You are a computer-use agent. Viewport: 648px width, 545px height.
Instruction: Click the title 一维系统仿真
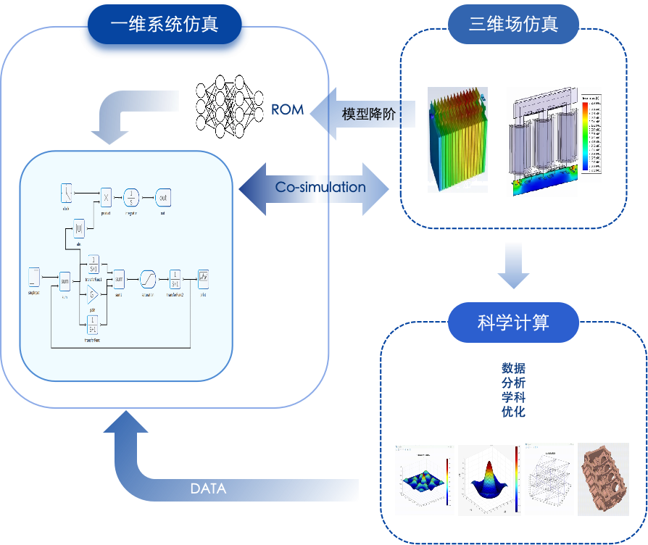(165, 24)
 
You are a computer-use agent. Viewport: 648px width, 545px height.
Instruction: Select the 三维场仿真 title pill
(513, 25)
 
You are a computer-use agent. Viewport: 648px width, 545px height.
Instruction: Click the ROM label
(288, 110)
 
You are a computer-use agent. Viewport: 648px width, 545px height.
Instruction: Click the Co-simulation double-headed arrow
(314, 188)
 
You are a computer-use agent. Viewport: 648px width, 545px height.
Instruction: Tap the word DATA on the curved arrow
(208, 488)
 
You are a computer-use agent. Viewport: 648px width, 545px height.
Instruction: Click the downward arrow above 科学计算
(513, 266)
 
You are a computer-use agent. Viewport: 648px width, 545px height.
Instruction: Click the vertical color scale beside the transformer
(584, 138)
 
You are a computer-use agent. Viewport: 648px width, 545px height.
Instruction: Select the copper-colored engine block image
(603, 479)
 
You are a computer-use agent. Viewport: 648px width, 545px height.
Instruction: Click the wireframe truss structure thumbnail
(550, 478)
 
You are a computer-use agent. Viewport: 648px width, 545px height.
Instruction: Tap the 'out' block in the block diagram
(163, 197)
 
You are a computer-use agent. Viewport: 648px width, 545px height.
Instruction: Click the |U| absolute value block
(80, 230)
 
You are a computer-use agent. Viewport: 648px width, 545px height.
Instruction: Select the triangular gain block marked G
(92, 294)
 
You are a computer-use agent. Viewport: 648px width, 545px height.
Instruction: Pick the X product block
(106, 197)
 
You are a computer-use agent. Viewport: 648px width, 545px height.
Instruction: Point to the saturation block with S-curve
(148, 278)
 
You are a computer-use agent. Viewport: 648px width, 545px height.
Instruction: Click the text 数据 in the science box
(513, 368)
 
